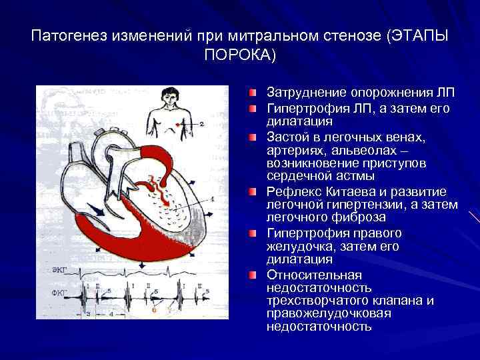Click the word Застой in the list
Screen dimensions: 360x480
(x=287, y=137)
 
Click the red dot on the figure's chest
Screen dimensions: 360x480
(x=178, y=124)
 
